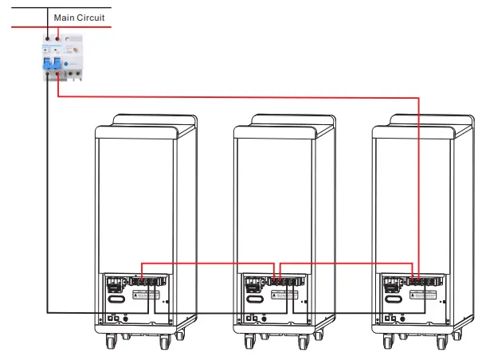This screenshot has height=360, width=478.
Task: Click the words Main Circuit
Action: click(x=79, y=17)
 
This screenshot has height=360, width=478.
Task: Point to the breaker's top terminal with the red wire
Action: click(x=57, y=37)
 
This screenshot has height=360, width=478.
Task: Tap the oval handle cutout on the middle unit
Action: click(x=254, y=299)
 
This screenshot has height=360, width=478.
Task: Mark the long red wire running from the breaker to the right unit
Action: click(x=239, y=98)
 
